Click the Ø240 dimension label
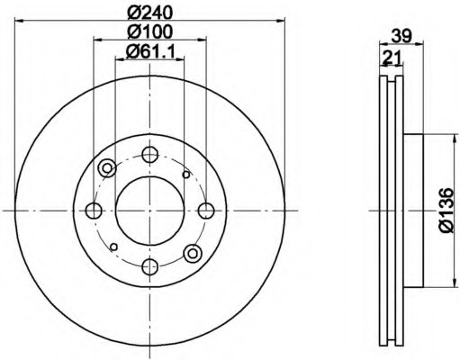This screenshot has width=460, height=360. click(x=149, y=13)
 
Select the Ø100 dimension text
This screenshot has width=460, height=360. click(x=149, y=31)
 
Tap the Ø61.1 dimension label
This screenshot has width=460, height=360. click(x=150, y=52)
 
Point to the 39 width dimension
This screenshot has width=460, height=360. click(x=401, y=36)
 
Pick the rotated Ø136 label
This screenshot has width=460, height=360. click(x=446, y=210)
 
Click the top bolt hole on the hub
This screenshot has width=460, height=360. click(x=149, y=155)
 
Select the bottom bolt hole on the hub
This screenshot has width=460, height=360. click(x=149, y=266)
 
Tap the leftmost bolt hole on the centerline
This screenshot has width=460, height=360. click(x=94, y=211)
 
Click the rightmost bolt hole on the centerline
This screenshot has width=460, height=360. click(x=206, y=211)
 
